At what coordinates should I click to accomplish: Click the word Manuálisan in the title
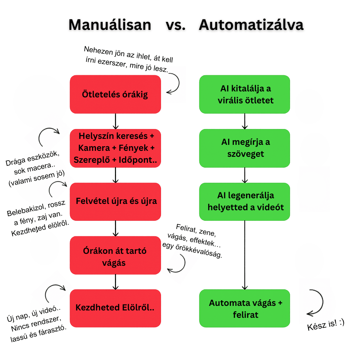tap(110, 25)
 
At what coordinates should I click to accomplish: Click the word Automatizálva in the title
tap(251, 25)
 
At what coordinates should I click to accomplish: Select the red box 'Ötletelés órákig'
tap(115, 94)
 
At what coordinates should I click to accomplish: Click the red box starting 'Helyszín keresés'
tap(115, 148)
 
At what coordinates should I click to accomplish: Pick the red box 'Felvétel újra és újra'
tap(115, 201)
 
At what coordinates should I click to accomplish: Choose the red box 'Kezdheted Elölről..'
tap(115, 308)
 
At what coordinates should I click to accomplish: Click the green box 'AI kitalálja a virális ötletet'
tap(245, 94)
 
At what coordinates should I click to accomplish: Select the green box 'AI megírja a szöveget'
tap(245, 148)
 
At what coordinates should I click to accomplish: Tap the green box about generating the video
tap(245, 201)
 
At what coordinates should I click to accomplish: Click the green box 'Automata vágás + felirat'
tap(245, 308)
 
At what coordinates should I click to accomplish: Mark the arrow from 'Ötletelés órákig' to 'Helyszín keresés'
tap(115, 121)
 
